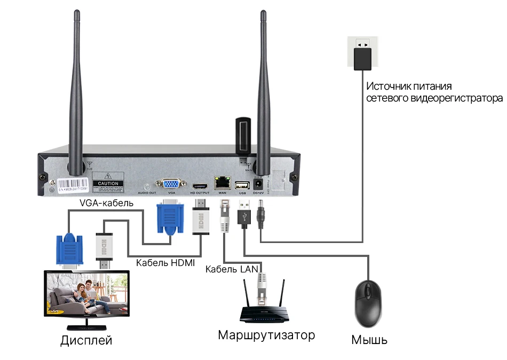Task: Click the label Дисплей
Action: tap(86, 340)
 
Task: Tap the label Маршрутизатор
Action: tap(266, 335)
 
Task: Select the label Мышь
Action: tap(369, 340)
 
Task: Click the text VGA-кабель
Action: tap(106, 203)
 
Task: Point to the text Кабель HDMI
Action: tap(165, 263)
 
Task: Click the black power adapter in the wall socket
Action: tap(362, 58)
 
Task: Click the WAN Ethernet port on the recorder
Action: tap(222, 182)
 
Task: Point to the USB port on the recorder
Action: tap(242, 183)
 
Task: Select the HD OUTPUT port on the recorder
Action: tap(200, 183)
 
